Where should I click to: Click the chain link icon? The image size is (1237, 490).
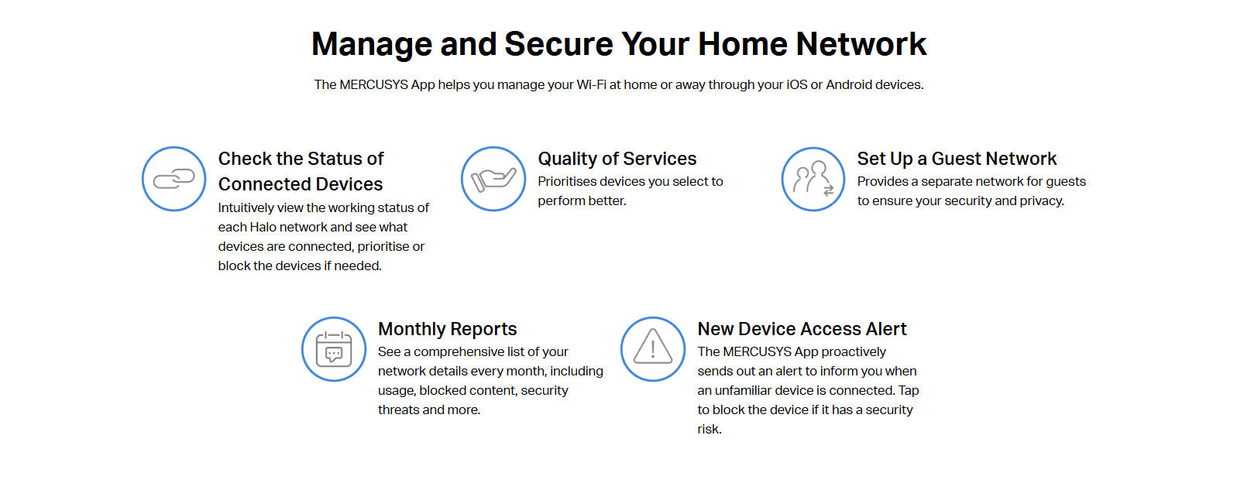(174, 179)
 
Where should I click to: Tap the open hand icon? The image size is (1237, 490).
(493, 180)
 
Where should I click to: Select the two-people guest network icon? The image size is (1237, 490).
(813, 179)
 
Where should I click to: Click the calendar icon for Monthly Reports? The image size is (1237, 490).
(334, 349)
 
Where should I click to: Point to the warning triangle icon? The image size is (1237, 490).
(653, 347)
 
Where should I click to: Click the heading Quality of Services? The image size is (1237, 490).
(617, 159)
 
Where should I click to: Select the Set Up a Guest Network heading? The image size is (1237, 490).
(957, 159)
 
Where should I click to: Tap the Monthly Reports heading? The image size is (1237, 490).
(447, 329)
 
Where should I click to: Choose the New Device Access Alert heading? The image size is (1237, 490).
(802, 329)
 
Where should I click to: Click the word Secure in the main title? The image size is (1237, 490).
(558, 44)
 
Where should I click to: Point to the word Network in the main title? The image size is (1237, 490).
(861, 44)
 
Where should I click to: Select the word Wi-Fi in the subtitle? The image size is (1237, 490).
(591, 85)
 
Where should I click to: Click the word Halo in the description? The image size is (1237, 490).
(263, 228)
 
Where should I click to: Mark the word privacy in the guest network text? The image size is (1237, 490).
(1042, 200)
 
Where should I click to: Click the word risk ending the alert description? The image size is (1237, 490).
(709, 430)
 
